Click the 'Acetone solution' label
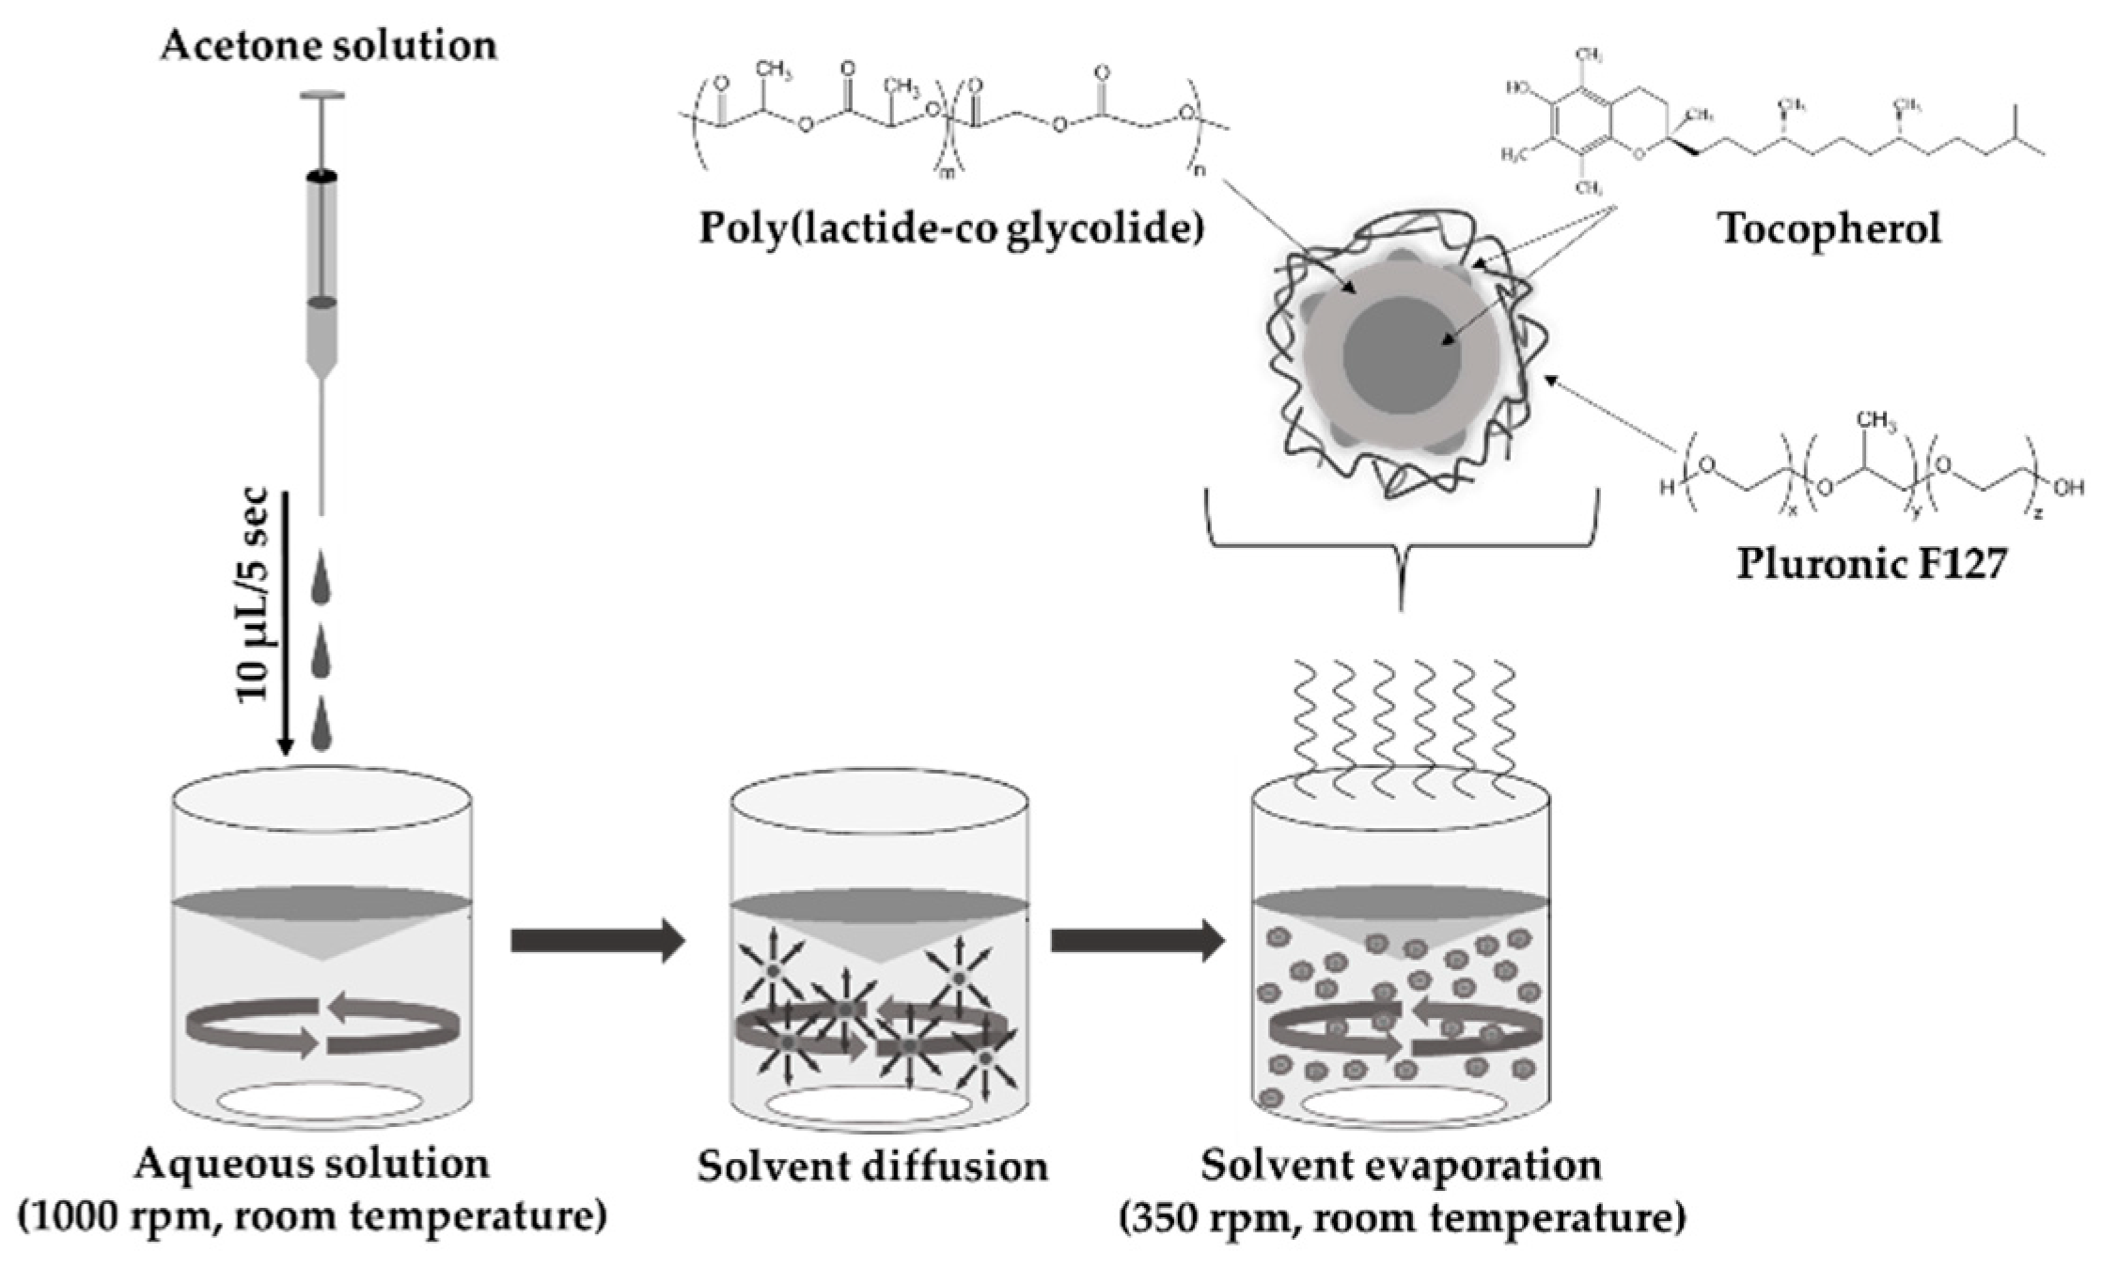328,46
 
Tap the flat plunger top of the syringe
322,95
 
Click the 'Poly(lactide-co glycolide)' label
950,228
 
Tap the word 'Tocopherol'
1829,228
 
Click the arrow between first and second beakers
597,941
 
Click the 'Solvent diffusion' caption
871,1166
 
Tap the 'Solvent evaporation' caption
1401,1165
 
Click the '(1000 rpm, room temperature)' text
312,1218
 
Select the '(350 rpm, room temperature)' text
1401,1220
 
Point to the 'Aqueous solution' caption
312,1164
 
